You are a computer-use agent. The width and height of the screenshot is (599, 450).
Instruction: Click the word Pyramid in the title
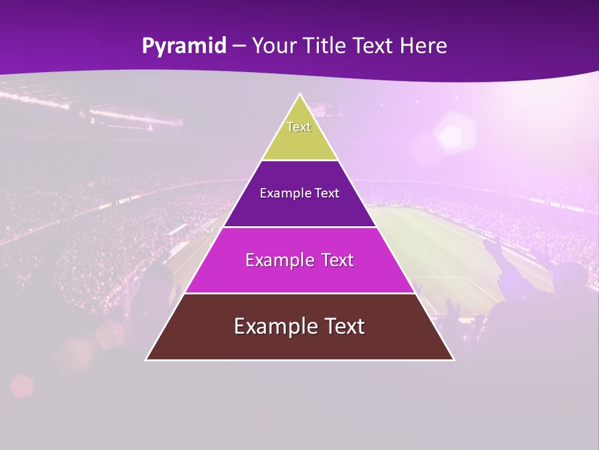point(184,46)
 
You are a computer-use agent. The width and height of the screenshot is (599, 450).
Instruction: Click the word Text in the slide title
point(374,46)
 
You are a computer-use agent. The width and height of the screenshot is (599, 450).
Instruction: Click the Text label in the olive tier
point(299,127)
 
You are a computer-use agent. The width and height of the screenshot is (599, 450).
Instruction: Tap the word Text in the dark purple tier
point(327,193)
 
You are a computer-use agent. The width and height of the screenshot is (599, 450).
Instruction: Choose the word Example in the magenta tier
point(278,260)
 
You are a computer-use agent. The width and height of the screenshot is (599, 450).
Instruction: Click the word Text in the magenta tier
point(338,260)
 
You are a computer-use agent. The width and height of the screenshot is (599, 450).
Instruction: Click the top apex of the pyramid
point(299,94)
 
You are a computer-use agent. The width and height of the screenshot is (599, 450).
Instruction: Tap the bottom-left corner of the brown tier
point(147,359)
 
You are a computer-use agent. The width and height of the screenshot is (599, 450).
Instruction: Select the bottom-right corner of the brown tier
point(453,359)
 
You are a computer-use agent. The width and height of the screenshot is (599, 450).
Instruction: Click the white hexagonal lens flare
point(449,135)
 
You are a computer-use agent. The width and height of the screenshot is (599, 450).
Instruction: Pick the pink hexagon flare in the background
point(21,386)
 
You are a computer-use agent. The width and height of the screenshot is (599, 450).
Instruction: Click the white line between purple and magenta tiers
point(299,227)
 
